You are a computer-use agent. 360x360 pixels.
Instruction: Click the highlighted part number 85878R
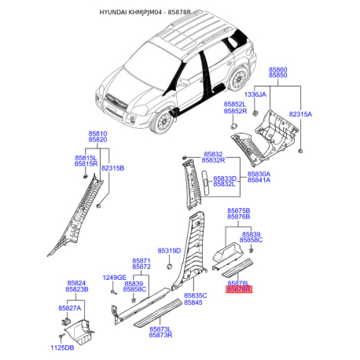239,289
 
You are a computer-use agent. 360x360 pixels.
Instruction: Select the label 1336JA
255,94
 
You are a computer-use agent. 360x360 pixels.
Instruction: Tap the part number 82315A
300,114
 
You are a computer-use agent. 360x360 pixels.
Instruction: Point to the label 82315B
112,168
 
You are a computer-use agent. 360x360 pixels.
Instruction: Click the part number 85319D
169,251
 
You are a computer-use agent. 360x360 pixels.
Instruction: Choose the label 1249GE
115,277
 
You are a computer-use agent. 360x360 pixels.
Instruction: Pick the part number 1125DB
62,347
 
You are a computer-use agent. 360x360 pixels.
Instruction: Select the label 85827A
70,308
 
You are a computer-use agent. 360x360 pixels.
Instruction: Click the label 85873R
160,335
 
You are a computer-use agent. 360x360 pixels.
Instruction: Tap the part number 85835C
196,296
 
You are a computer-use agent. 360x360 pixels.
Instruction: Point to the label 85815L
86,158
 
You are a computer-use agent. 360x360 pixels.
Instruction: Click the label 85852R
235,111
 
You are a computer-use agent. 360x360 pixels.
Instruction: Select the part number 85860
278,70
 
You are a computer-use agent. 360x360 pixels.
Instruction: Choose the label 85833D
225,178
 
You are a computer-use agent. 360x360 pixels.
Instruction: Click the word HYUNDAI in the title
113,13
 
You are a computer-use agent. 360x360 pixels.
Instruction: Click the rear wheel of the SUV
238,79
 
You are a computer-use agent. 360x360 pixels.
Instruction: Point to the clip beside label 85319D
169,266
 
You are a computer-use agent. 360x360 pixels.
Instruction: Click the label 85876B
239,217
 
